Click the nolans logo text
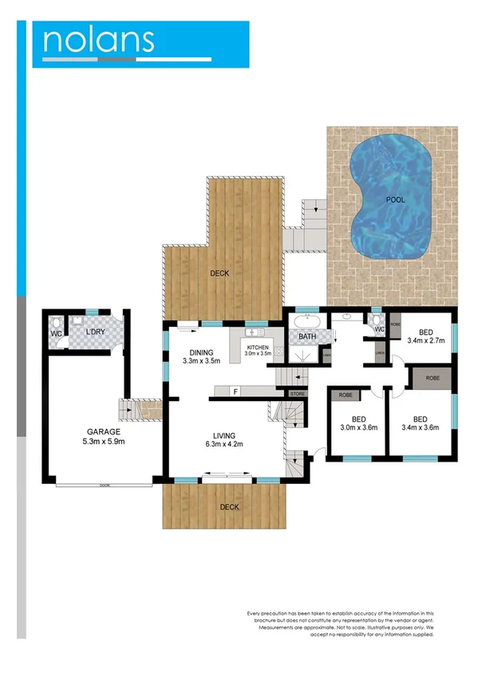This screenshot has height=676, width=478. click(x=98, y=40)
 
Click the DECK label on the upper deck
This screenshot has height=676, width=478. click(x=219, y=273)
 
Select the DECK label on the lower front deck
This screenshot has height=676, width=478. click(x=230, y=507)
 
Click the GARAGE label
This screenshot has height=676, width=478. click(x=104, y=431)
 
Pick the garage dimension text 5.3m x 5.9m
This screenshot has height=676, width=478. click(x=104, y=442)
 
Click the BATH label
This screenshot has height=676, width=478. click(x=307, y=337)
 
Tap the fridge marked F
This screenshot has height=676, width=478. click(x=235, y=391)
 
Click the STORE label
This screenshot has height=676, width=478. click(x=298, y=394)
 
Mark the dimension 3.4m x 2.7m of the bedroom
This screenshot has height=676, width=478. click(x=425, y=340)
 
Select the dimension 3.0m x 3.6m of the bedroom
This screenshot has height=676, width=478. click(x=358, y=426)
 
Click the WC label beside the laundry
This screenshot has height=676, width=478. click(x=56, y=333)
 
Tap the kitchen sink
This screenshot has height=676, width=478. click(x=251, y=332)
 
